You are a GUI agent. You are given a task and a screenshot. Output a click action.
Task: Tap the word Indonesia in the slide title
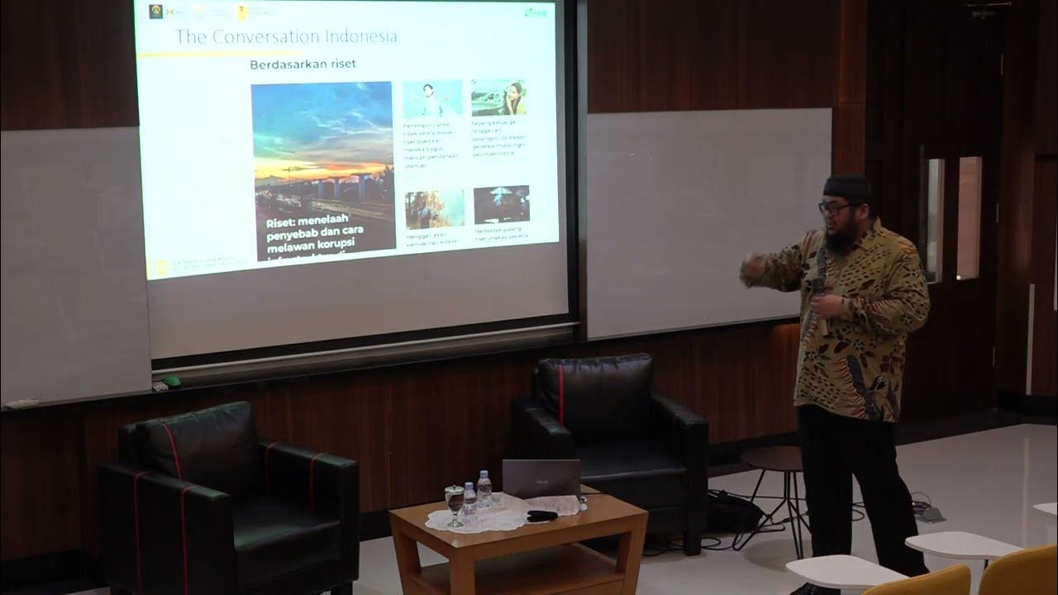(357, 36)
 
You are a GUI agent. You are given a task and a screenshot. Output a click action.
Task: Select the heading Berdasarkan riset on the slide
(303, 64)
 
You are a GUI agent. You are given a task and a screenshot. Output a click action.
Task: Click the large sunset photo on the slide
(322, 149)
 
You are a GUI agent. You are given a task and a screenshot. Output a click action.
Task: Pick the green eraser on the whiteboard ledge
(170, 382)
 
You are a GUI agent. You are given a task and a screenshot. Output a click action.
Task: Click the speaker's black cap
(849, 188)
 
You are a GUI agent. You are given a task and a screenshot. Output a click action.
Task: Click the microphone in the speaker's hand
(818, 285)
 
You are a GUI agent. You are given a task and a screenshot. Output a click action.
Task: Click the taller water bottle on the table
(484, 488)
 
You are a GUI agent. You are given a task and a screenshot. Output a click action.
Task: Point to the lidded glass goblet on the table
(454, 503)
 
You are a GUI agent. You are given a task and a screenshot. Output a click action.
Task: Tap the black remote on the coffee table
(541, 516)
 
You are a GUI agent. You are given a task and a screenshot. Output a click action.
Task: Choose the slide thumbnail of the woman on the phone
(499, 98)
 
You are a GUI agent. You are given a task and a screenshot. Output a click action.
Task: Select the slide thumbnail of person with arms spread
(432, 99)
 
